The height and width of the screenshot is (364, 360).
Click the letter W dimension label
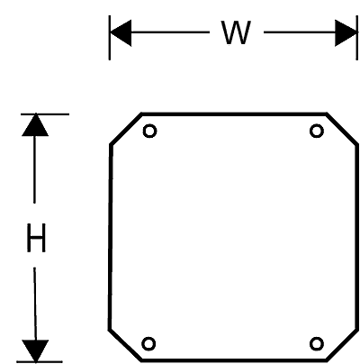[236, 32]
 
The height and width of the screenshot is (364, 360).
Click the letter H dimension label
[36, 238]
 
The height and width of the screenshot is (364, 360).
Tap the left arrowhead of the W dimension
[121, 32]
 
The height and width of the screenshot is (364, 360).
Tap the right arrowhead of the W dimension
[346, 33]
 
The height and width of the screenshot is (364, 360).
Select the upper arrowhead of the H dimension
[35, 125]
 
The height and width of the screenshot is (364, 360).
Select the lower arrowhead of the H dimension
[35, 350]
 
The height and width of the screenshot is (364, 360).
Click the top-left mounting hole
[149, 132]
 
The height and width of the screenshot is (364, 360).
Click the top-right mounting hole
[317, 132]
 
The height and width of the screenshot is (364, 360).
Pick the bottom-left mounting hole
[148, 343]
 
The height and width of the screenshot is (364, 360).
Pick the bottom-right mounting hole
[317, 343]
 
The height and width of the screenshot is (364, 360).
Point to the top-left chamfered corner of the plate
[126, 129]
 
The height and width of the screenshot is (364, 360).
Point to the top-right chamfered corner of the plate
[342, 129]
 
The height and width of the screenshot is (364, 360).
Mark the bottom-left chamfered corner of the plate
[125, 344]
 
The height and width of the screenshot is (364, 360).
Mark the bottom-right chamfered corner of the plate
[342, 344]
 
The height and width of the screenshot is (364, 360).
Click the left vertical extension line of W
[110, 38]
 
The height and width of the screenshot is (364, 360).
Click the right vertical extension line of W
[357, 38]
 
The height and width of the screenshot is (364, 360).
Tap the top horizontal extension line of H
[45, 114]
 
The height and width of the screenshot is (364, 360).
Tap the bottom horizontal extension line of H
[40, 362]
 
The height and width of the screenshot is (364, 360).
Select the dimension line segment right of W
[300, 32]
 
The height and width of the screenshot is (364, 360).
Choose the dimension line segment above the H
[35, 169]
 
